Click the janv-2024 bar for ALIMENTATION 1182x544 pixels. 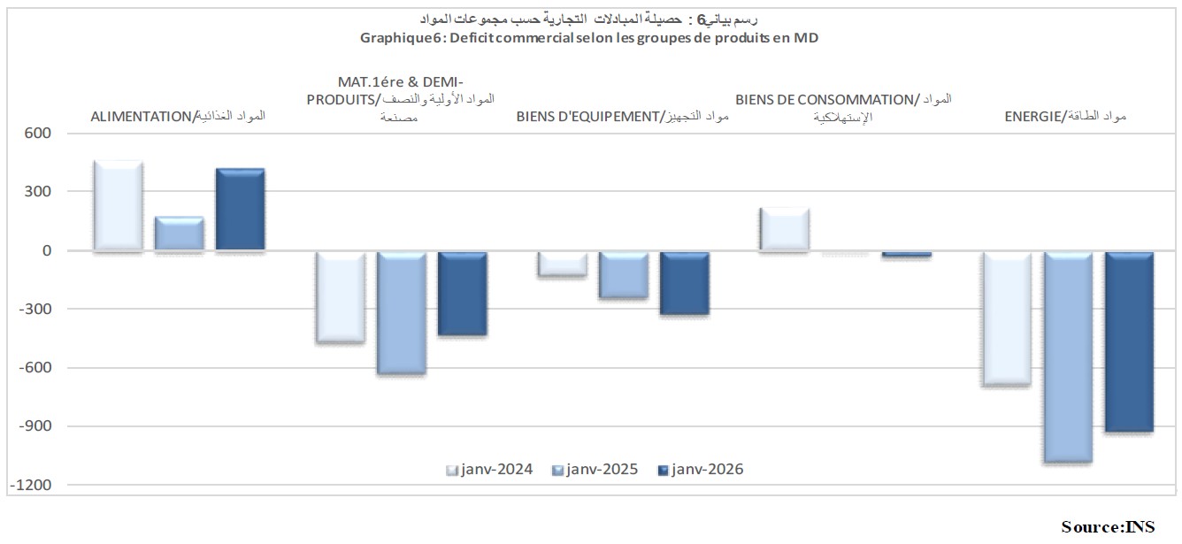point(118,206)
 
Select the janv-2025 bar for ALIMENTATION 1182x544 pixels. point(179,234)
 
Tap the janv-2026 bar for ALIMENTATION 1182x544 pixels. point(240,210)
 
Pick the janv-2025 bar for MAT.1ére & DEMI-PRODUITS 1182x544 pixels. point(401,312)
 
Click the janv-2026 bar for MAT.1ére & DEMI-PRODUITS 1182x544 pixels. point(462,294)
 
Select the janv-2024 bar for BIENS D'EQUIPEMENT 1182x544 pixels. point(563,264)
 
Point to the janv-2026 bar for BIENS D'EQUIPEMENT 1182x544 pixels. point(685,283)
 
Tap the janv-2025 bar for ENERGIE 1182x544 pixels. point(1068,356)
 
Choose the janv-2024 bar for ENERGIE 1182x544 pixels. point(1007,318)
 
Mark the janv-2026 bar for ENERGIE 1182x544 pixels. point(1129,341)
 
